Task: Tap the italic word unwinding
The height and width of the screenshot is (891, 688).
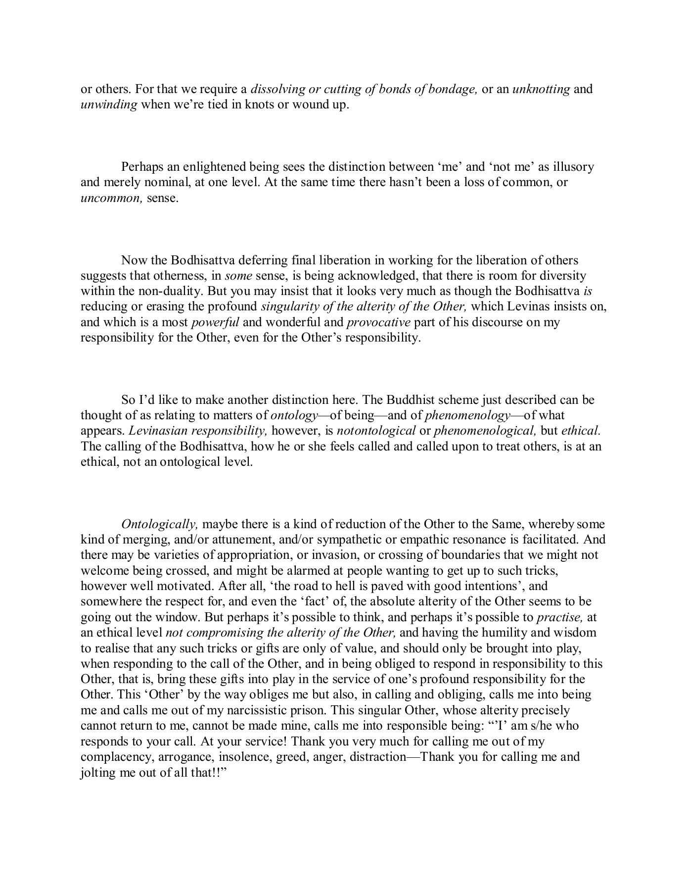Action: pyautogui.click(x=108, y=105)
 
